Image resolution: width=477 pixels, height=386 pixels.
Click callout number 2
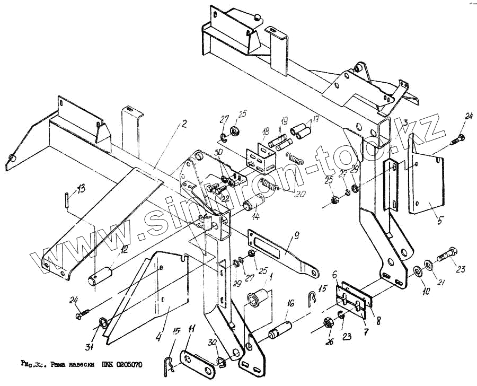coord(184,125)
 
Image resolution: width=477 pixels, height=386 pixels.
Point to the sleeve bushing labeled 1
coord(258,297)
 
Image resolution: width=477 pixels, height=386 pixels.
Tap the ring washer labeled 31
coord(102,324)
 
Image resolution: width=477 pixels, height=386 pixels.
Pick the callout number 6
coord(335,275)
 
